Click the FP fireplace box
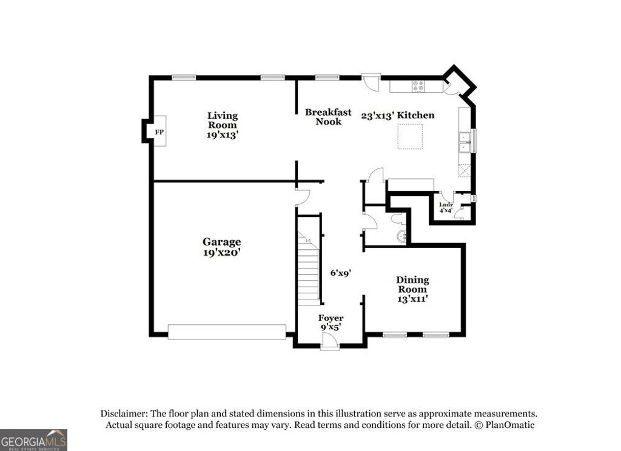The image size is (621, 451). tap(159, 132)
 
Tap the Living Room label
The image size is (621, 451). tap(223, 125)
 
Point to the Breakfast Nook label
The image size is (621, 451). tap(328, 117)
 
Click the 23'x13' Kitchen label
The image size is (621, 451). tap(398, 115)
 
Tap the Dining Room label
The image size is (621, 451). tap(412, 289)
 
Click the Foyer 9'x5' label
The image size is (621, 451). tap(331, 322)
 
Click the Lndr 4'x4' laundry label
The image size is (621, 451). tap(446, 208)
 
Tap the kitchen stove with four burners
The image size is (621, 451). tap(418, 87)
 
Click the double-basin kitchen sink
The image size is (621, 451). tap(464, 142)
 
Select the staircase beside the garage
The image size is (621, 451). tap(309, 267)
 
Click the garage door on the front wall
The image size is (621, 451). tap(226, 332)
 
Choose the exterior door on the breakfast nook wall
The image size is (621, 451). tap(371, 81)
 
